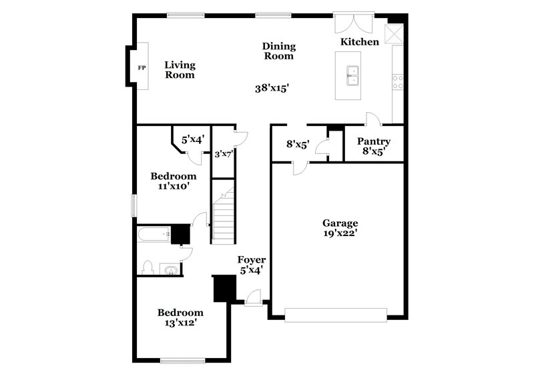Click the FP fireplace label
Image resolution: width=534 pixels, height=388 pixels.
142,68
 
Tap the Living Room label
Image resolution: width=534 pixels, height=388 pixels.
180,70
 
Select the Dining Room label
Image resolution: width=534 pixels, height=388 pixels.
278,51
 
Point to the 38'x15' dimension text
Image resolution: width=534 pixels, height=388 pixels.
274,87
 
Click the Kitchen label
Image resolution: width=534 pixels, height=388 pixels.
360,42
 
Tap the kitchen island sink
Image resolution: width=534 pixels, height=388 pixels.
352,76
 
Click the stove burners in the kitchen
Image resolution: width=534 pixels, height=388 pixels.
398,81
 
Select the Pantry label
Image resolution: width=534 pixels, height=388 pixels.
373,142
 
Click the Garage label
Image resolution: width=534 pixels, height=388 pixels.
340,223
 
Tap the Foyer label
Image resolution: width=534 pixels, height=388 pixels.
252,260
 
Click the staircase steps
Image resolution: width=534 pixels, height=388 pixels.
224,217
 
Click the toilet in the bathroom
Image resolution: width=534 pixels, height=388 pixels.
149,268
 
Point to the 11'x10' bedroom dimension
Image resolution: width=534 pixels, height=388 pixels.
174,187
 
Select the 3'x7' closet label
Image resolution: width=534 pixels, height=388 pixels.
223,155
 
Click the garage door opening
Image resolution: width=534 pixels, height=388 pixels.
336,313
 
